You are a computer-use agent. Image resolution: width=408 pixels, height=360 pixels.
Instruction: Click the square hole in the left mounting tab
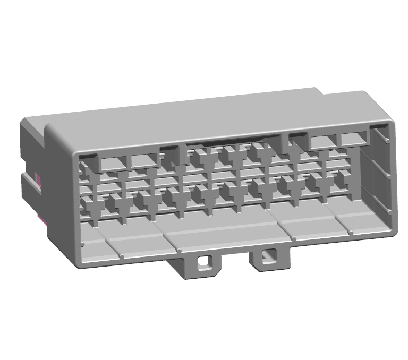tap(203, 262)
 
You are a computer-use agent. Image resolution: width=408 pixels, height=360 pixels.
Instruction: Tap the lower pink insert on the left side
tap(40, 218)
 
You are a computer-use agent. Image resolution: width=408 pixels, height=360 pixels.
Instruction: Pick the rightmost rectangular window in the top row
tap(354, 139)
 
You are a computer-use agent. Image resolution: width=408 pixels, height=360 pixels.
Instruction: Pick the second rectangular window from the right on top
tap(322, 142)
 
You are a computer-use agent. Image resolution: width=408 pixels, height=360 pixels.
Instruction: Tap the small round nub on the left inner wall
tap(83, 245)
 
